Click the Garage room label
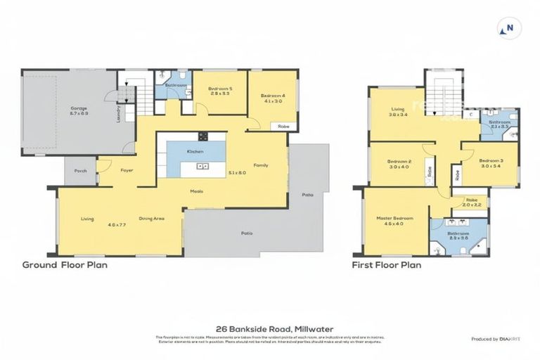point(78,108)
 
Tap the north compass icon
point(508,29)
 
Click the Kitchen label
point(195,152)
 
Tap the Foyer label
point(127,170)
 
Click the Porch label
point(80,170)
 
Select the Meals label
point(196,191)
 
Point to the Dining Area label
point(151,219)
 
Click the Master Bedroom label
point(394,219)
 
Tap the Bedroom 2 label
point(398,162)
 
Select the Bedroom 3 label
point(489,161)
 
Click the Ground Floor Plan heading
point(65,265)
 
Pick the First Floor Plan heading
point(386,265)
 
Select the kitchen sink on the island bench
point(202,167)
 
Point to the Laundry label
point(118,114)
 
